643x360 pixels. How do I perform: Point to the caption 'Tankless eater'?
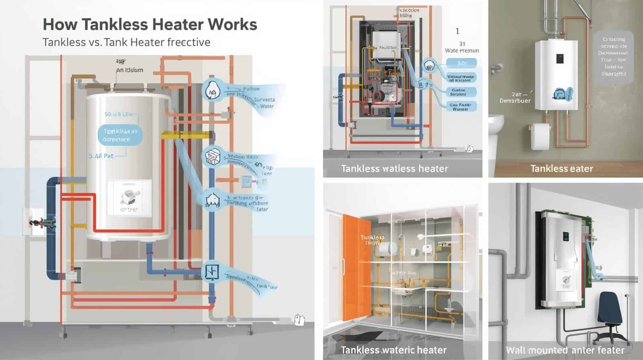pyautogui.click(x=561, y=168)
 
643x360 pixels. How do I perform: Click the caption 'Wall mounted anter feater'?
pyautogui.click(x=565, y=350)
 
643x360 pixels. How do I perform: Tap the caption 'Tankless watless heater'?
pyautogui.click(x=394, y=168)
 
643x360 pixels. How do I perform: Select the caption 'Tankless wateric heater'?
pyautogui.click(x=393, y=350)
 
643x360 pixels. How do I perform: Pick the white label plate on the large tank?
pyautogui.click(x=129, y=196)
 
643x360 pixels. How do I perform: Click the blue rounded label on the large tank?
pyautogui.click(x=120, y=135)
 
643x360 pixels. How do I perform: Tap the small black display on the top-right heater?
pyautogui.click(x=559, y=59)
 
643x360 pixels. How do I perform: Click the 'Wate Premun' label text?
pyautogui.click(x=462, y=51)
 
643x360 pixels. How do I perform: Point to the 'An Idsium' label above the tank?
pyautogui.click(x=129, y=70)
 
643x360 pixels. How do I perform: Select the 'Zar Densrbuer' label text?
pyautogui.click(x=515, y=98)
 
